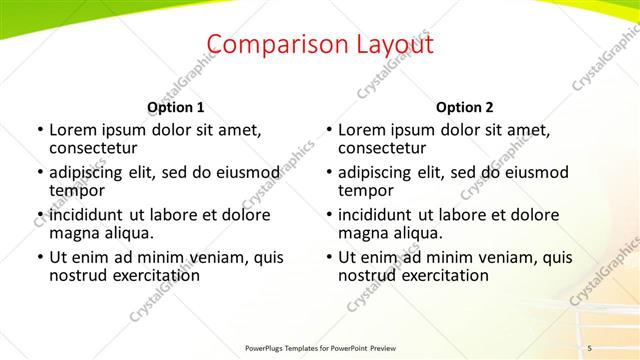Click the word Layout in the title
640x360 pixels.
[x=386, y=44]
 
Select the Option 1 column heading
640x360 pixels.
[x=175, y=107]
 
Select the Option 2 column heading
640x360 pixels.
[x=464, y=107]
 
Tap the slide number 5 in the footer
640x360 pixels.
[x=590, y=347]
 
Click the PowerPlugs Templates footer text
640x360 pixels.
[x=320, y=347]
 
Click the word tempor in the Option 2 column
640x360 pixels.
[x=366, y=190]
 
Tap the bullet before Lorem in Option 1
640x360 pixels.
[x=40, y=130]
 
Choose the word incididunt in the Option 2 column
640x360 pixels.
[x=380, y=215]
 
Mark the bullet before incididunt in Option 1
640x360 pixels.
[x=40, y=215]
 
